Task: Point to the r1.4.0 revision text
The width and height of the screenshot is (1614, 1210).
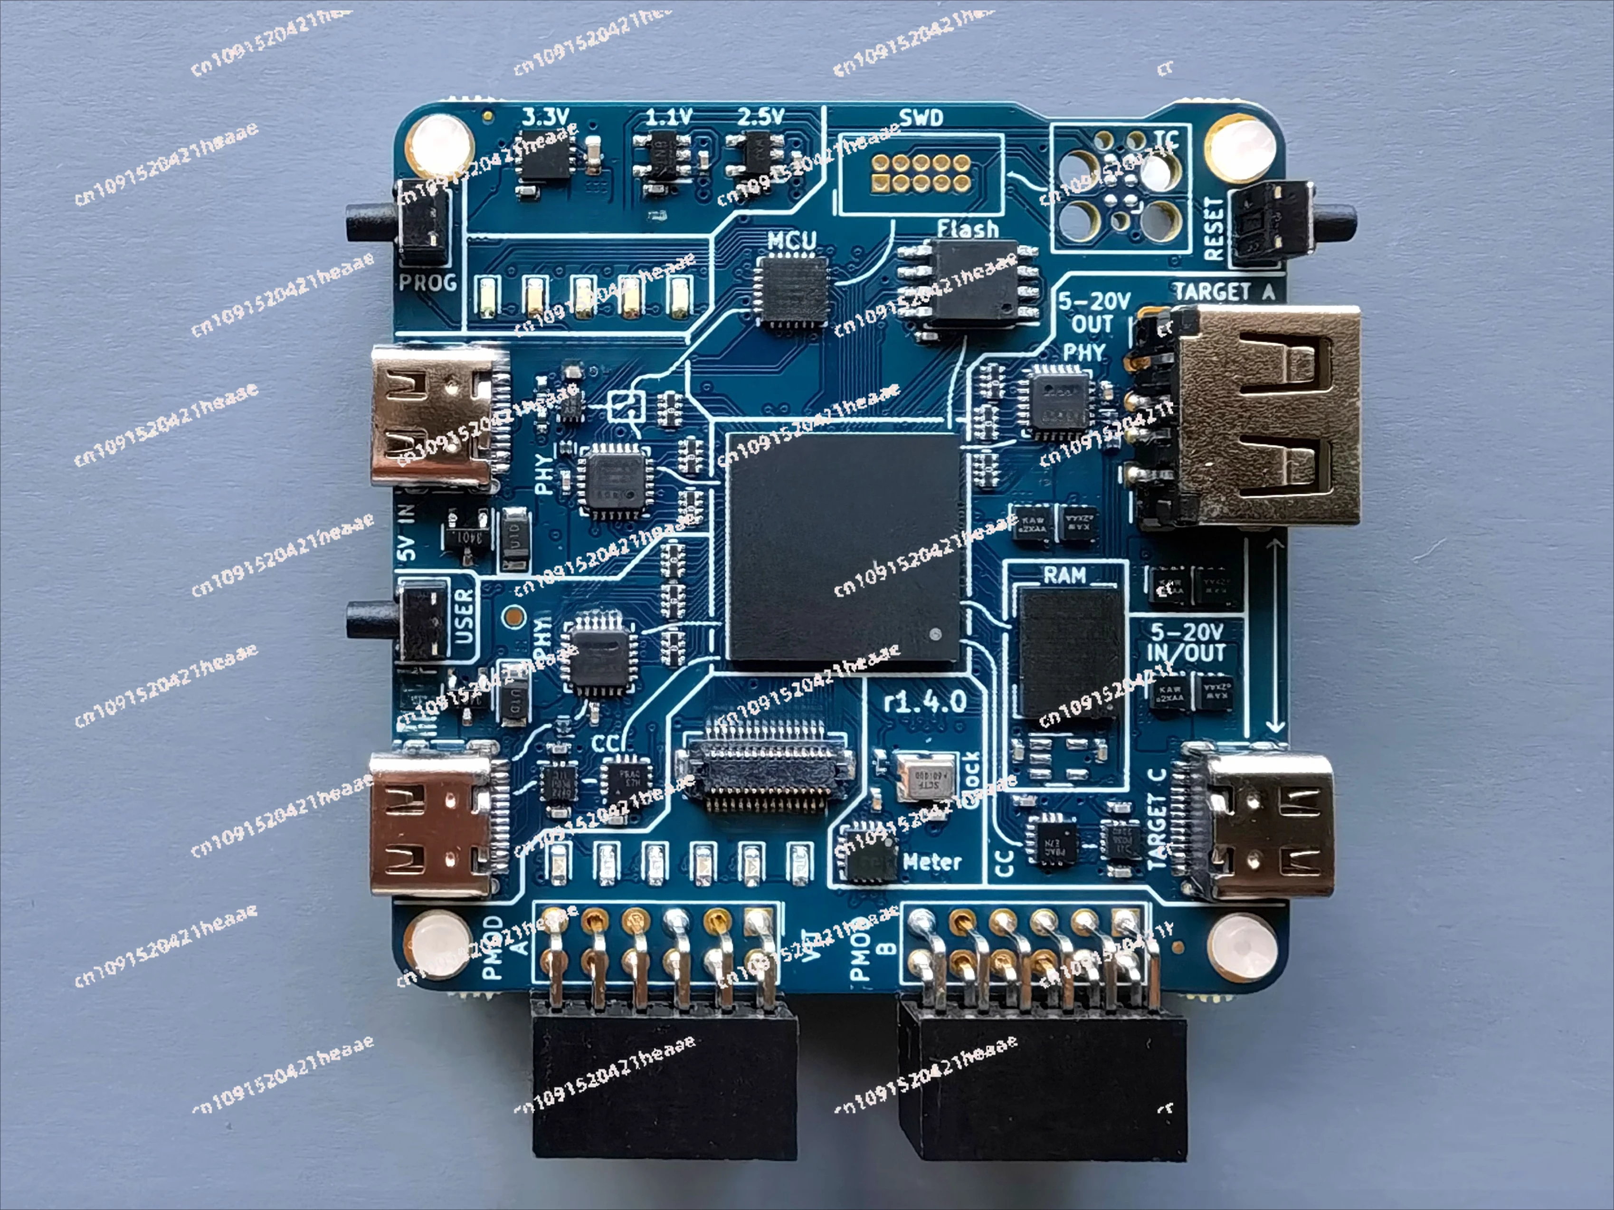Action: tap(924, 702)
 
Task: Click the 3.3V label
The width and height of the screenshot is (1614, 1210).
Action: tap(546, 117)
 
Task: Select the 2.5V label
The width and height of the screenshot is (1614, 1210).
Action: tap(760, 117)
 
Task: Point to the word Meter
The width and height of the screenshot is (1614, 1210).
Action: tap(932, 862)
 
